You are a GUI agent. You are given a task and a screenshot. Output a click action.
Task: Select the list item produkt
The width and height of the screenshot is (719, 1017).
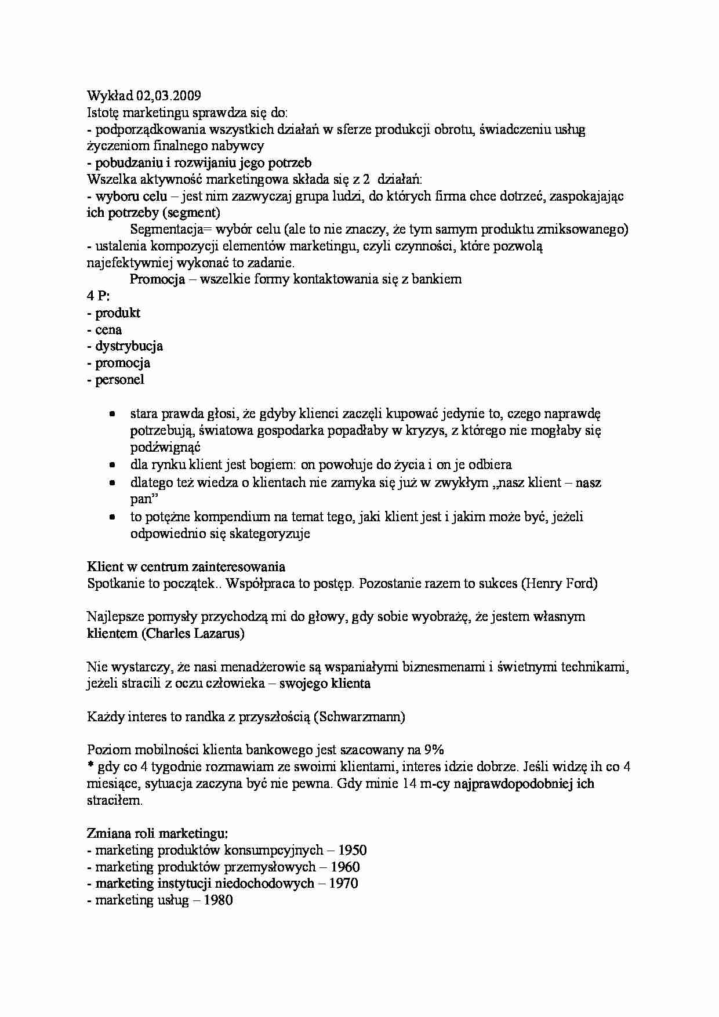click(x=118, y=313)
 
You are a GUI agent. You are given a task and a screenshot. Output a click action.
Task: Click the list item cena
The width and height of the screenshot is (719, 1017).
click(x=108, y=330)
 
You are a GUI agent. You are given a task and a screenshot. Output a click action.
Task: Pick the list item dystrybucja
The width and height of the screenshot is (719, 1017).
click(x=129, y=346)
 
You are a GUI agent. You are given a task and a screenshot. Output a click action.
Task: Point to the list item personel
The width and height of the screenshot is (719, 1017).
click(x=119, y=380)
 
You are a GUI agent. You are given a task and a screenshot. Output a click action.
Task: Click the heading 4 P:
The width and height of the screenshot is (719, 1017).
click(x=99, y=296)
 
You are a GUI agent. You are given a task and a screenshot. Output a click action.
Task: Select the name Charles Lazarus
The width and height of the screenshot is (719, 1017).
click(x=192, y=633)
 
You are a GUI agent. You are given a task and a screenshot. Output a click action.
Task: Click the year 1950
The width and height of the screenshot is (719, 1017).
click(x=352, y=851)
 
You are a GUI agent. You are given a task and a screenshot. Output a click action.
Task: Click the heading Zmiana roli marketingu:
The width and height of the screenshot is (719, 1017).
click(x=157, y=834)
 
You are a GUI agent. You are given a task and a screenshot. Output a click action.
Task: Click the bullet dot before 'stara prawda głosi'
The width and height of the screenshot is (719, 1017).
click(x=112, y=414)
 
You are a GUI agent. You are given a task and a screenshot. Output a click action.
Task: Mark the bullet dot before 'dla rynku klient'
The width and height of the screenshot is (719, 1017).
click(x=112, y=464)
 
